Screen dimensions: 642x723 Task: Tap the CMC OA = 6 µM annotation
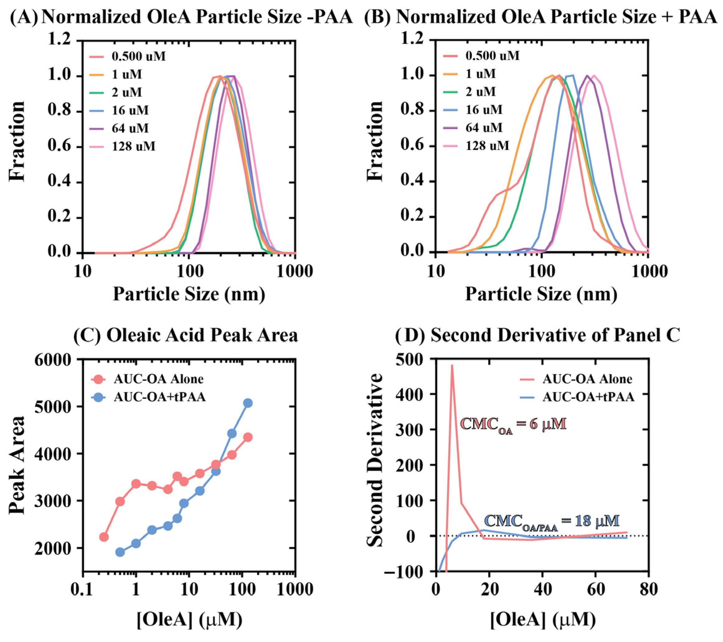pos(513,424)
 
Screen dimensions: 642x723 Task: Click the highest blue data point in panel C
pos(248,403)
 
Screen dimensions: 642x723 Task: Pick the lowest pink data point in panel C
pos(104,537)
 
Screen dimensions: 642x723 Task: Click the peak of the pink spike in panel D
pos(452,365)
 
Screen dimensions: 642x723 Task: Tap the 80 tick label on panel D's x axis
pos(648,590)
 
